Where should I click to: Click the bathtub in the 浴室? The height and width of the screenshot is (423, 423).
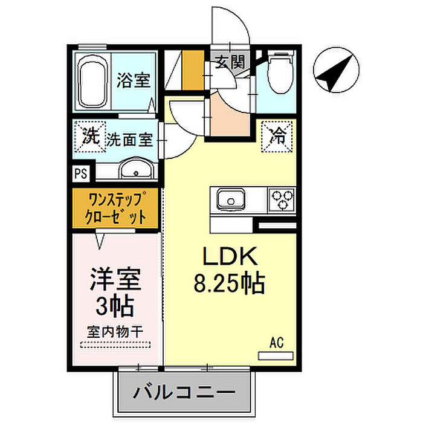pyautogui.click(x=93, y=82)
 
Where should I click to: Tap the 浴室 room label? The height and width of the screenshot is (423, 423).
pyautogui.click(x=134, y=80)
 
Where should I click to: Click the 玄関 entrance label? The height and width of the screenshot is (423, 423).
pyautogui.click(x=230, y=62)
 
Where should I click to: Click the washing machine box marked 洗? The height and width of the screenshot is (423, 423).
pyautogui.click(x=91, y=137)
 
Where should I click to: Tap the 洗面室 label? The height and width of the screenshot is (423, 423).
pyautogui.click(x=129, y=140)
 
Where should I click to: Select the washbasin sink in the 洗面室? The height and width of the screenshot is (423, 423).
pyautogui.click(x=136, y=169)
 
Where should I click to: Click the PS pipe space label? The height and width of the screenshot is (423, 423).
pyautogui.click(x=81, y=173)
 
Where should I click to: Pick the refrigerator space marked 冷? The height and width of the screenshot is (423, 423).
pyautogui.click(x=277, y=136)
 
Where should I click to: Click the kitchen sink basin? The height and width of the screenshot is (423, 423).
pyautogui.click(x=231, y=199)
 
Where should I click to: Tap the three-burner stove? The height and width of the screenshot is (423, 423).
pyautogui.click(x=282, y=199)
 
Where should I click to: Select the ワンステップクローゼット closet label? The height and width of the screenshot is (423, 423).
pyautogui.click(x=115, y=208)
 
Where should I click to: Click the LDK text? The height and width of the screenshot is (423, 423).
pyautogui.click(x=230, y=256)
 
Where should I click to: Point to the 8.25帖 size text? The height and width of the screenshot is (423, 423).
pyautogui.click(x=229, y=283)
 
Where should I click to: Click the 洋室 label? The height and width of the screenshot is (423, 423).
pyautogui.click(x=115, y=279)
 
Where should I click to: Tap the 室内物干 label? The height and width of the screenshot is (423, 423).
pyautogui.click(x=115, y=332)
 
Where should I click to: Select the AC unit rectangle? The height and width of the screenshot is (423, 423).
pyautogui.click(x=276, y=356)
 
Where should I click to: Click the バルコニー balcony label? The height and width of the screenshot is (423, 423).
pyautogui.click(x=184, y=393)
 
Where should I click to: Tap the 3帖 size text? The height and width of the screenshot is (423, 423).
pyautogui.click(x=115, y=306)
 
